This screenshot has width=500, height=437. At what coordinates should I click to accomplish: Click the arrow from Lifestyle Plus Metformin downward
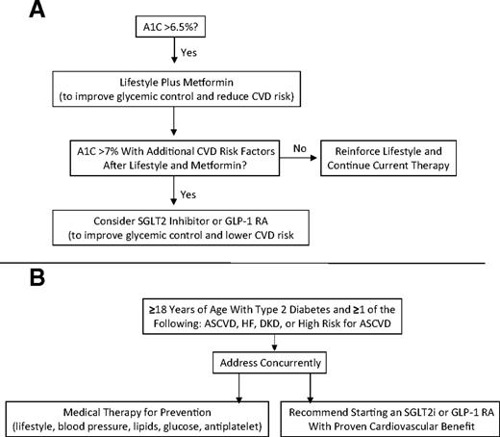(x=171, y=118)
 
